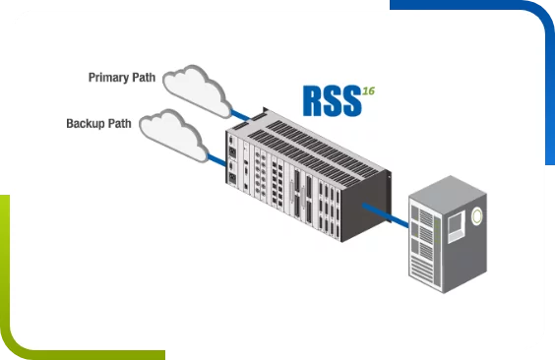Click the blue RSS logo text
tap(332, 102)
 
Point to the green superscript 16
tap(368, 90)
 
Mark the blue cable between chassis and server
tap(385, 213)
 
